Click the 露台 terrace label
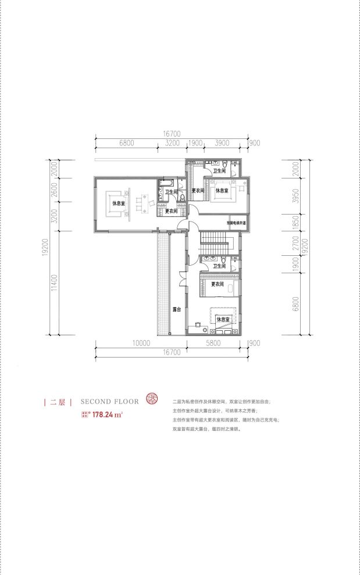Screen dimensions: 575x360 tap(175, 309)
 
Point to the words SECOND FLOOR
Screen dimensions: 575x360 tap(110, 401)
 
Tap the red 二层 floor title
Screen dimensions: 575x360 tap(58, 402)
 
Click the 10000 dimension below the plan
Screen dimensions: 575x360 tap(141, 344)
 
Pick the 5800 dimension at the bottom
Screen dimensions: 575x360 tap(214, 344)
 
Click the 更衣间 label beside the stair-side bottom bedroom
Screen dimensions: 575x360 tap(218, 284)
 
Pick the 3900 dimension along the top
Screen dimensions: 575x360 tap(222, 142)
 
